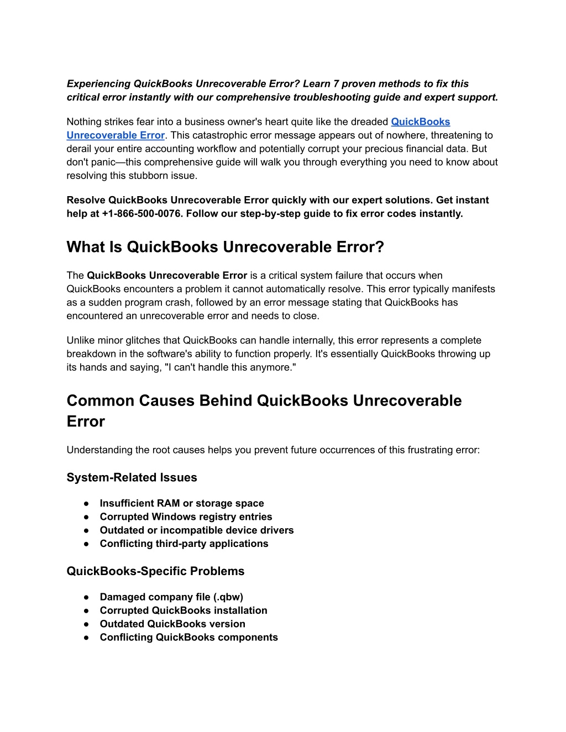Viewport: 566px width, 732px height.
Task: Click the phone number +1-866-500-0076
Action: [x=141, y=214]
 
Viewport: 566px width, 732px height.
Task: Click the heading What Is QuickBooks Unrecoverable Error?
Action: [x=225, y=247]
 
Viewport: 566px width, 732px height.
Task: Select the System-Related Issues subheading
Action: [x=132, y=478]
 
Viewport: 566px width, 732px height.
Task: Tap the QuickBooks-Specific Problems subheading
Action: [x=155, y=571]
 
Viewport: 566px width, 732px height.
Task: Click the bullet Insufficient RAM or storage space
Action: [x=182, y=503]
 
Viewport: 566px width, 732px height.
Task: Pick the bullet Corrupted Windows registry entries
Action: [x=186, y=517]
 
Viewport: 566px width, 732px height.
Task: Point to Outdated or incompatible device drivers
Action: [x=197, y=530]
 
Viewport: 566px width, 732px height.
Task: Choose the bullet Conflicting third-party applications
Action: [x=184, y=544]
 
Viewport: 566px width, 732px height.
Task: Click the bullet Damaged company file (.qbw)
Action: [x=171, y=597]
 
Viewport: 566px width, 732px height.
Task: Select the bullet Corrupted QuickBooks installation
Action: [x=184, y=610]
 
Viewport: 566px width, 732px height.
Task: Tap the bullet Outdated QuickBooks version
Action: [x=172, y=624]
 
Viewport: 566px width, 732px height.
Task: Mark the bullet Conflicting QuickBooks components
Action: [x=188, y=638]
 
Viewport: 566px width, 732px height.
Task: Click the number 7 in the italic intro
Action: [x=336, y=84]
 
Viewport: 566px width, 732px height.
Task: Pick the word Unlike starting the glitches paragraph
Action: [x=81, y=341]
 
